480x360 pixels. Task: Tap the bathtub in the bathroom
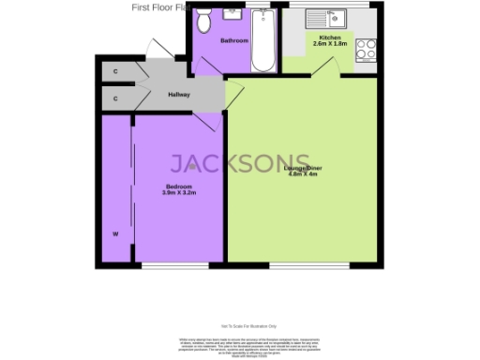tap(263, 43)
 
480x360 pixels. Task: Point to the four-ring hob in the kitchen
tap(367, 49)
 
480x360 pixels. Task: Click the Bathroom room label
tap(234, 41)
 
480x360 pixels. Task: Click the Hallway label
tap(178, 95)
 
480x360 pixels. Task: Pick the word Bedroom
tap(178, 187)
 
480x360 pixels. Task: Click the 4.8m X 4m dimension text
tap(300, 174)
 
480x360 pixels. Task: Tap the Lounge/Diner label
tap(300, 168)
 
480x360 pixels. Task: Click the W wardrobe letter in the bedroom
tap(115, 232)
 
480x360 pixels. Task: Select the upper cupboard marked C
tap(115, 71)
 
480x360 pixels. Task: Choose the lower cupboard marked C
tap(115, 97)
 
